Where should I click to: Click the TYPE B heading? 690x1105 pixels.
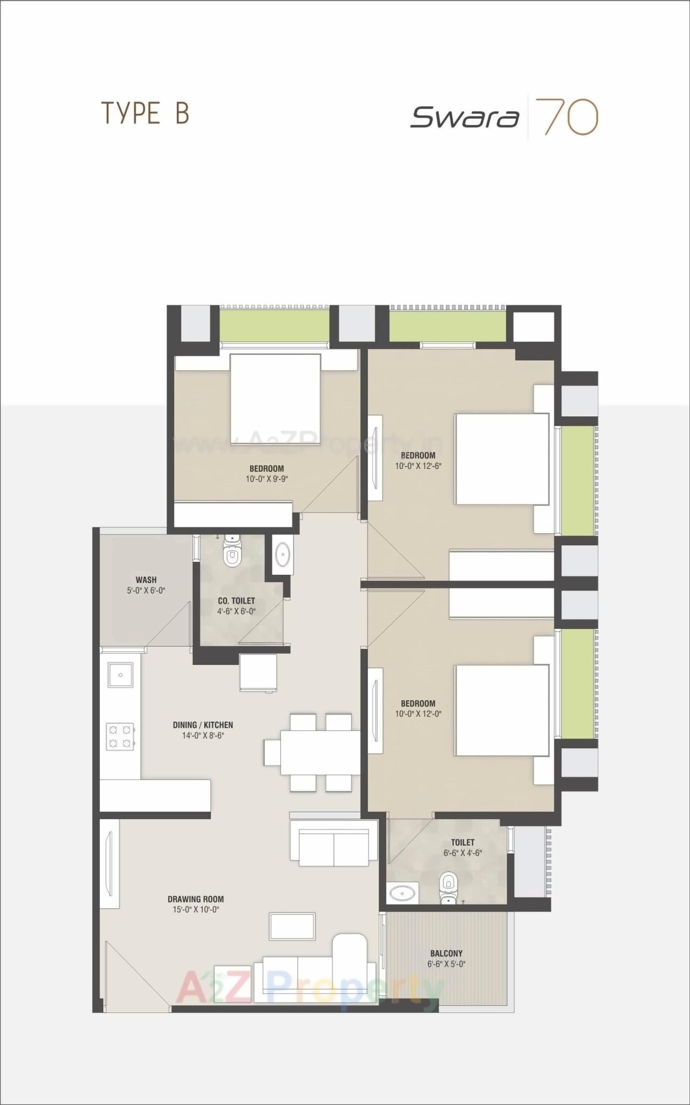click(146, 114)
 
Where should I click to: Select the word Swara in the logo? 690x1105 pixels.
click(465, 117)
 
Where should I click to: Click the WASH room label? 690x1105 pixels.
click(146, 580)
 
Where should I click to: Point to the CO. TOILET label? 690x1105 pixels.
click(236, 601)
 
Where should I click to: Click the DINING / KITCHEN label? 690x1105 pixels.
click(203, 725)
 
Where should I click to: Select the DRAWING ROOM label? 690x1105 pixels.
click(195, 899)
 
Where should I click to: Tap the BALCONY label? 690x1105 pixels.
click(446, 953)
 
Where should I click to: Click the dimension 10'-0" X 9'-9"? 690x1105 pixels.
click(267, 479)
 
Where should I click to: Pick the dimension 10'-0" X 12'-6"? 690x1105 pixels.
click(418, 466)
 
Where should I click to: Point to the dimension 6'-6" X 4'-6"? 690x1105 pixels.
click(463, 853)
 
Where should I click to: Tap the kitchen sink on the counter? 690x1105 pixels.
click(121, 675)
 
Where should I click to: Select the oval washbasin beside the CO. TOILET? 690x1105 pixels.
click(282, 554)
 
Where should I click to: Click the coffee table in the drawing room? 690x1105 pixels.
click(292, 926)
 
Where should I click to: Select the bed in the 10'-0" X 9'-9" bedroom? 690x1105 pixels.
click(275, 400)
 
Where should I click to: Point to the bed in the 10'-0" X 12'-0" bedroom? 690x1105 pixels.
click(502, 710)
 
